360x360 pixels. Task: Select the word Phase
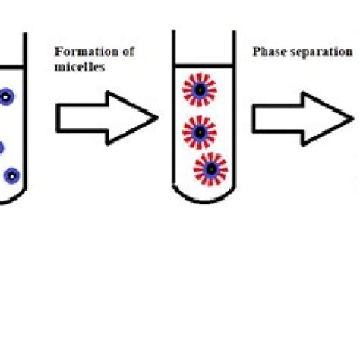tap(268, 52)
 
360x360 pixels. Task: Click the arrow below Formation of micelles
tap(106, 118)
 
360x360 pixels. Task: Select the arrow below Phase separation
tap(301, 118)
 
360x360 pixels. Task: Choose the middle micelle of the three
tap(199, 132)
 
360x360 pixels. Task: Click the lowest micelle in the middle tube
tap(210, 168)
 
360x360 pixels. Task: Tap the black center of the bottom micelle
tap(210, 168)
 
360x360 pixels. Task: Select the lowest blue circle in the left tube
tap(11, 176)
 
